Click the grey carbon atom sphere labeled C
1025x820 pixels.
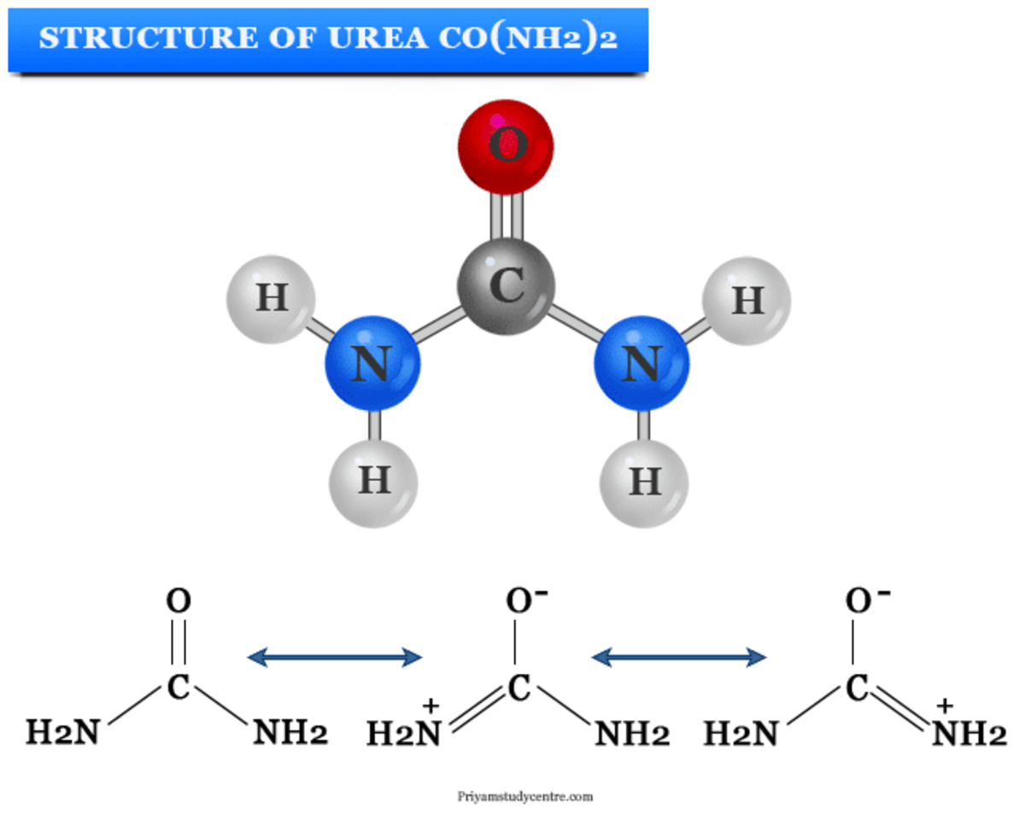(507, 286)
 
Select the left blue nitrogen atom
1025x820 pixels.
(372, 366)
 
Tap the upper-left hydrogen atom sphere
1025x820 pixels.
(271, 299)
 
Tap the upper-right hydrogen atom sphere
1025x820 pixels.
(746, 301)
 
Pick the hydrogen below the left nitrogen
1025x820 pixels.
(373, 481)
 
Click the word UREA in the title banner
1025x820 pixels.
(365, 39)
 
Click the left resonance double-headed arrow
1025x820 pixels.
(334, 657)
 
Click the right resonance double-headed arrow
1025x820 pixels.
(678, 657)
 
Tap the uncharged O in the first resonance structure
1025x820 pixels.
(178, 601)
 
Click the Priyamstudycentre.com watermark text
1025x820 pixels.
(524, 795)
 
